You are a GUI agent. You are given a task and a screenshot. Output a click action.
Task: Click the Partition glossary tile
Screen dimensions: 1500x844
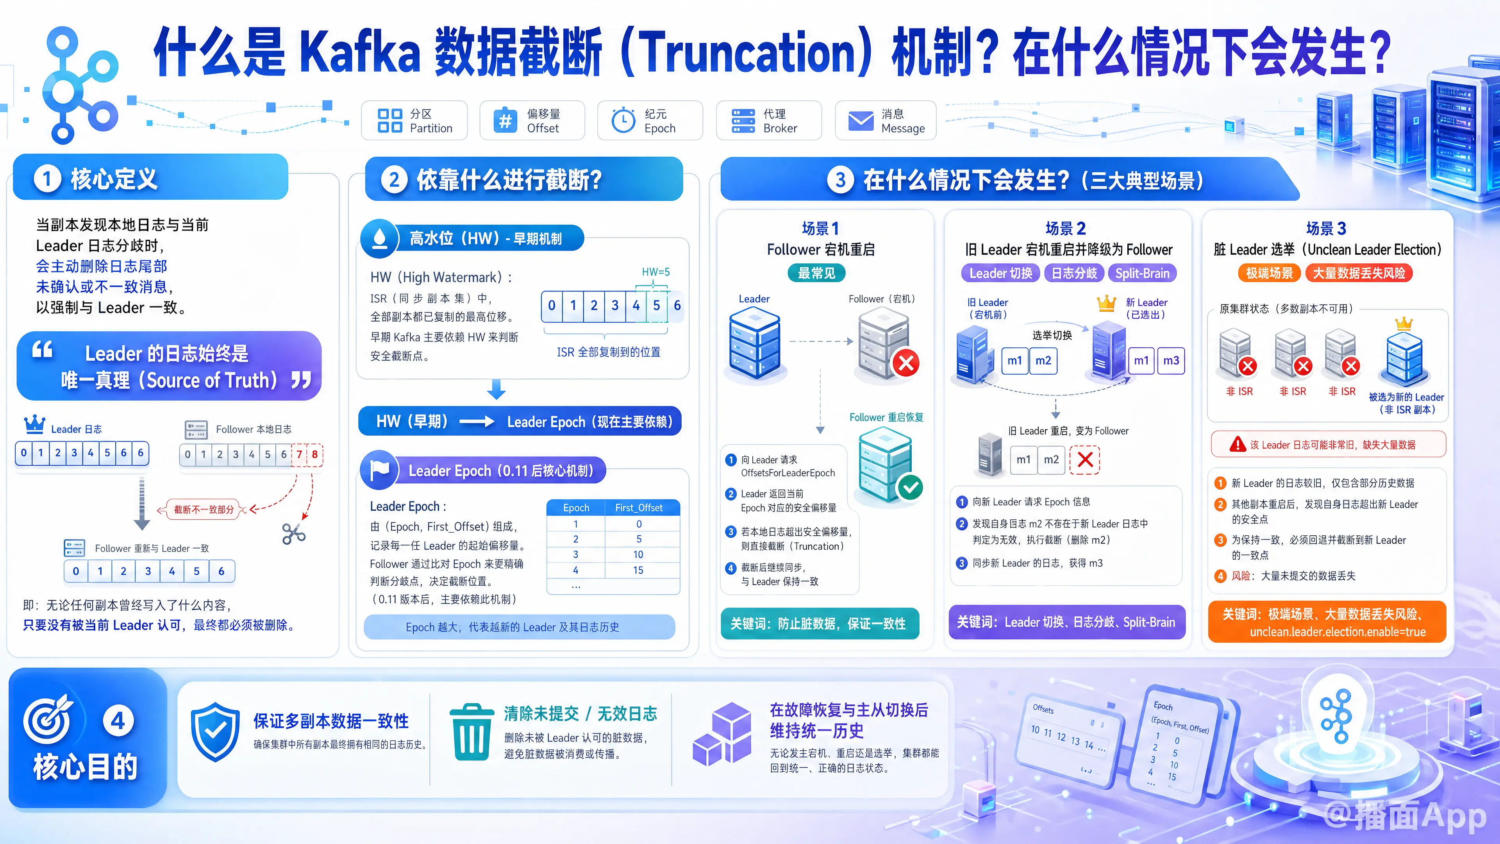click(414, 121)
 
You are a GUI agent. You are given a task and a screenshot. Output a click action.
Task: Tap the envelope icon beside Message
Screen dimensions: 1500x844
click(861, 121)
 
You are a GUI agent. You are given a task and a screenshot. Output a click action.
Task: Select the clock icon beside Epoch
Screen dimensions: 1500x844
click(623, 120)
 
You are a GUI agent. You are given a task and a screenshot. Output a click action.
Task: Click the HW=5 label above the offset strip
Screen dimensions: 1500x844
click(656, 272)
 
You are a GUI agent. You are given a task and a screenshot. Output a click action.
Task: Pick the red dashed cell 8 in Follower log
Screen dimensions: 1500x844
click(315, 454)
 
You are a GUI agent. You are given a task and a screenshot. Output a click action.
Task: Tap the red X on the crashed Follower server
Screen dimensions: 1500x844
click(906, 363)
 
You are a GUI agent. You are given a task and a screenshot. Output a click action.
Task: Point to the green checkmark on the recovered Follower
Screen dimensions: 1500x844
click(910, 487)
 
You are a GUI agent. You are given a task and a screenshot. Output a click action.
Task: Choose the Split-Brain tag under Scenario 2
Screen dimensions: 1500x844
click(1142, 273)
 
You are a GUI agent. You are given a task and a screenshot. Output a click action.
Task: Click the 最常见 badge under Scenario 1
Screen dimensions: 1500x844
click(816, 273)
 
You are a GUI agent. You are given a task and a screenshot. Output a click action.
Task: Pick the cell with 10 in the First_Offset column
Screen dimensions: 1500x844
click(638, 554)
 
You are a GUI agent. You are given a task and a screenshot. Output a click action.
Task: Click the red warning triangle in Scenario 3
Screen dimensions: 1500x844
click(1237, 444)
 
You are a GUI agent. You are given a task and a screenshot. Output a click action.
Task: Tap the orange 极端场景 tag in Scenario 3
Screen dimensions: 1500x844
click(1270, 273)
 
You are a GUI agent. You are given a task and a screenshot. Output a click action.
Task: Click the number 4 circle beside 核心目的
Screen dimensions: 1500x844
click(118, 721)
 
